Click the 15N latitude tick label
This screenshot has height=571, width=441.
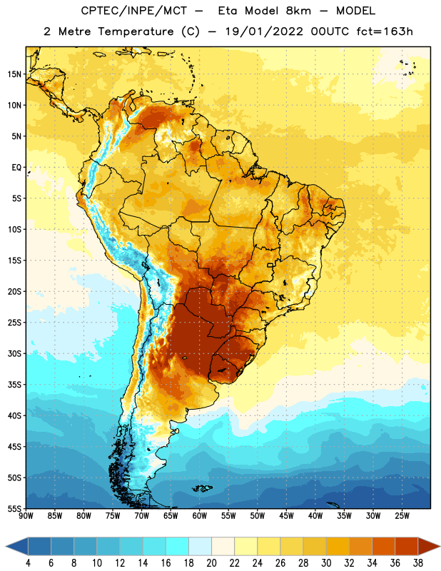point(14,74)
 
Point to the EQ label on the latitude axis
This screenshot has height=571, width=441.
point(16,168)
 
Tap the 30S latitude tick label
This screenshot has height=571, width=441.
point(14,353)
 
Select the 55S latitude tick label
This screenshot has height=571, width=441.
point(14,509)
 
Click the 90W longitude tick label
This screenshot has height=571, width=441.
point(26,516)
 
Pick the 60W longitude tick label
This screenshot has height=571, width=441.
point(200,516)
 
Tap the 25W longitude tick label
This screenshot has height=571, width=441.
point(402,516)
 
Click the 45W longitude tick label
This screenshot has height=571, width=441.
point(286,516)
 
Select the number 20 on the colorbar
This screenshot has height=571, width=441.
point(211,563)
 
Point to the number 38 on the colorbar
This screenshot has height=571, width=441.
point(417,563)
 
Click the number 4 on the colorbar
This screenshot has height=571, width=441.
point(28,563)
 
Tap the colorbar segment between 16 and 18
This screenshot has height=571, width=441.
point(178,546)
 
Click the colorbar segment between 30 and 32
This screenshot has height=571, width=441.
point(338,546)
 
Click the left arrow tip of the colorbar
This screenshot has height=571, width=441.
point(6,546)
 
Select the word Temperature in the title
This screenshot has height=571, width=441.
point(136,31)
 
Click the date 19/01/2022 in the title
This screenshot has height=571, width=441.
point(264,31)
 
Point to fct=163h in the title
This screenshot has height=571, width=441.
point(385,31)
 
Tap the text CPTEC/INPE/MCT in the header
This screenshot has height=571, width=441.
point(134,11)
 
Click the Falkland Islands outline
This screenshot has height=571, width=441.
point(202,488)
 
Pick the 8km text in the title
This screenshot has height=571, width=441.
point(298,11)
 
